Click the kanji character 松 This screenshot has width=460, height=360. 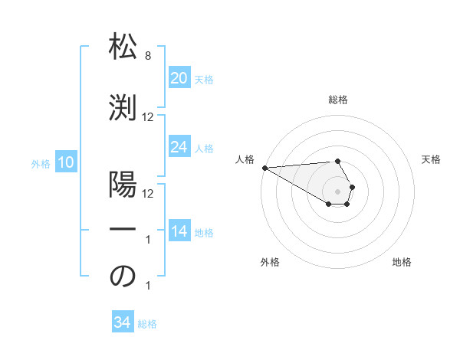pyautogui.click(x=123, y=47)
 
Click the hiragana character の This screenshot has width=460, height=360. pyautogui.click(x=123, y=277)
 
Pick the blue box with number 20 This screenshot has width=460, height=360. pyautogui.click(x=179, y=78)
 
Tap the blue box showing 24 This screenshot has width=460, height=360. pyautogui.click(x=179, y=147)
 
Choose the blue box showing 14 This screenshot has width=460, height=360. pyautogui.click(x=179, y=231)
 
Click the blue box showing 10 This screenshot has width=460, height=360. pyautogui.click(x=65, y=162)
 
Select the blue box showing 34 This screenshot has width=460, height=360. pyautogui.click(x=122, y=322)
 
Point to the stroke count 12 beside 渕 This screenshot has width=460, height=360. pyautogui.click(x=148, y=116)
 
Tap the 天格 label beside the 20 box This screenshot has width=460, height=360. pyautogui.click(x=203, y=80)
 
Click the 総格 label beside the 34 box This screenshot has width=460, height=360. pyautogui.click(x=147, y=324)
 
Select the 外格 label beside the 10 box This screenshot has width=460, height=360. pyautogui.click(x=40, y=163)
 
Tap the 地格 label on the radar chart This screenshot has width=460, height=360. pyautogui.click(x=402, y=262)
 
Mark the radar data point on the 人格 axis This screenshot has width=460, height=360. pyautogui.click(x=264, y=168)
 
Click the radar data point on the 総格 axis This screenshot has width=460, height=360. pyautogui.click(x=337, y=161)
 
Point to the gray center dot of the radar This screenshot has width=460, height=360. pyautogui.click(x=337, y=191)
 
